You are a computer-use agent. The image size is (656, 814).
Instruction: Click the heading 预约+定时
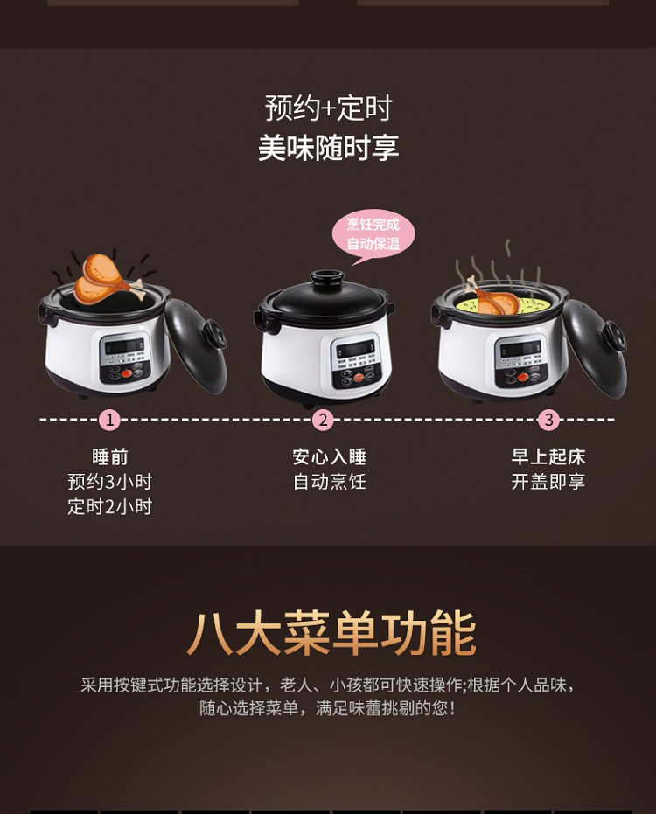(x=328, y=108)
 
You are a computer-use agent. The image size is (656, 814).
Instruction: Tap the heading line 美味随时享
(x=328, y=148)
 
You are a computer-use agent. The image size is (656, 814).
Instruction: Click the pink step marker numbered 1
(x=109, y=420)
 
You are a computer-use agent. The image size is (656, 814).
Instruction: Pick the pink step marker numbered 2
(x=323, y=420)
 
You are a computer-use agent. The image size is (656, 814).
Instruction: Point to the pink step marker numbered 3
(x=548, y=420)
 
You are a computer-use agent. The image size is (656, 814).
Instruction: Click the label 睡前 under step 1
(x=109, y=456)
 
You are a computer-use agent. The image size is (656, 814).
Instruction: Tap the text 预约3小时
(x=109, y=482)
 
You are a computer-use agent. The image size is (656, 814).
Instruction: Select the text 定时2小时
(x=109, y=507)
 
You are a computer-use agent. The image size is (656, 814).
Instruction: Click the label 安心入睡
(x=329, y=456)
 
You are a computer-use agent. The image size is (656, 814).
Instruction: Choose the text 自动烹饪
(x=329, y=482)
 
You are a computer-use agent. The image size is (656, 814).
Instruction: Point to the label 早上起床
(x=548, y=456)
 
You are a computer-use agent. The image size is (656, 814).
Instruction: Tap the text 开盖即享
(x=548, y=482)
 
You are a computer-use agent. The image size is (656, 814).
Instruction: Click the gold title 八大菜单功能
(x=331, y=633)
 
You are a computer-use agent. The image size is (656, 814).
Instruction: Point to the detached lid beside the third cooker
(x=596, y=348)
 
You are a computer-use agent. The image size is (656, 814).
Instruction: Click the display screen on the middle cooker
(x=354, y=349)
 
